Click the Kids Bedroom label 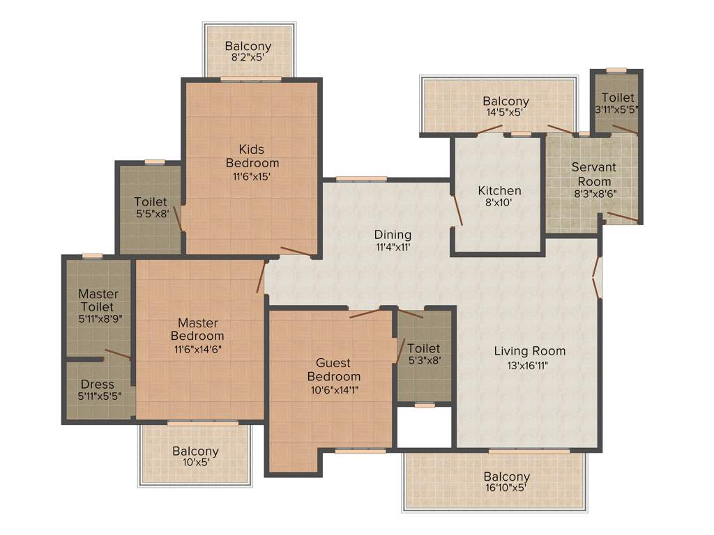[252, 156]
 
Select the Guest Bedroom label [333, 370]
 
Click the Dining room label [393, 235]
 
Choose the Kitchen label [499, 190]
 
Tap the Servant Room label [593, 174]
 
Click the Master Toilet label [98, 300]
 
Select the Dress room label [97, 385]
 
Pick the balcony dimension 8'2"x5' [248, 59]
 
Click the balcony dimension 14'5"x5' [506, 112]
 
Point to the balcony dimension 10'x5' [195, 462]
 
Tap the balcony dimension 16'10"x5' [506, 488]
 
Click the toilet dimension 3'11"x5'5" [617, 110]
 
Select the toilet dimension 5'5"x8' [151, 214]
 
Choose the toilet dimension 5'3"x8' [424, 360]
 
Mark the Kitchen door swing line [457, 210]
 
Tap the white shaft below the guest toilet [425, 427]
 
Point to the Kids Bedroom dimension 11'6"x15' [252, 176]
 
